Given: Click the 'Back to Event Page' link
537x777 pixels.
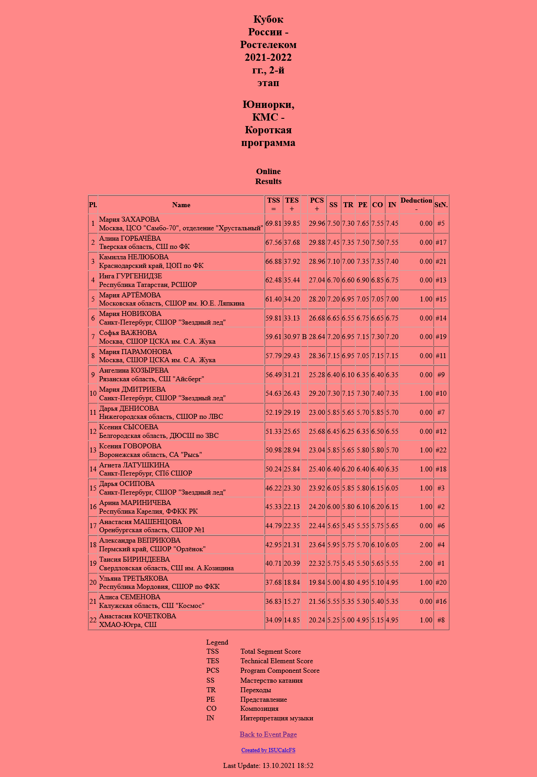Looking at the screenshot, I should (268, 734).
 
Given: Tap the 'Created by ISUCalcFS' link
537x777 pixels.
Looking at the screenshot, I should (268, 750).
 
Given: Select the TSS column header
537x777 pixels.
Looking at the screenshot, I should (273, 204).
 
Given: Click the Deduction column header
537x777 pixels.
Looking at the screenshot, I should (416, 204).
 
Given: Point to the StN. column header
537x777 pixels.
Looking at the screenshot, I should (441, 205).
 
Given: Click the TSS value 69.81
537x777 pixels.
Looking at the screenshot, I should (273, 223).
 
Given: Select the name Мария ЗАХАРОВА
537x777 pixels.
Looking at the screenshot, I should (129, 219).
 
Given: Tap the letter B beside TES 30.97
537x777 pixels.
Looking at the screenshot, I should (304, 337).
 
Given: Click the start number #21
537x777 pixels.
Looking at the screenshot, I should (441, 262).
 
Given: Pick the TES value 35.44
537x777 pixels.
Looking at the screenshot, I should (292, 280).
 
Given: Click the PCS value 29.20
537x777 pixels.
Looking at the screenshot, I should (317, 393).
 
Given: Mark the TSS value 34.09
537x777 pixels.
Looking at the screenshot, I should (273, 620).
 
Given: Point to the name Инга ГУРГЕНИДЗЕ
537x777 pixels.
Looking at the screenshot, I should (130, 276).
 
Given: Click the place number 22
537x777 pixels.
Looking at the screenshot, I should (93, 620).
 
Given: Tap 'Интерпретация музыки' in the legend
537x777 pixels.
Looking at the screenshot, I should (276, 718).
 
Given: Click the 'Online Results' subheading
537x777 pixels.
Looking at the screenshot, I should (268, 176).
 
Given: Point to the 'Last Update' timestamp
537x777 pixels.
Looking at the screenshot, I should (268, 766).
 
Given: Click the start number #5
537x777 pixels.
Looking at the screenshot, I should (441, 223).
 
